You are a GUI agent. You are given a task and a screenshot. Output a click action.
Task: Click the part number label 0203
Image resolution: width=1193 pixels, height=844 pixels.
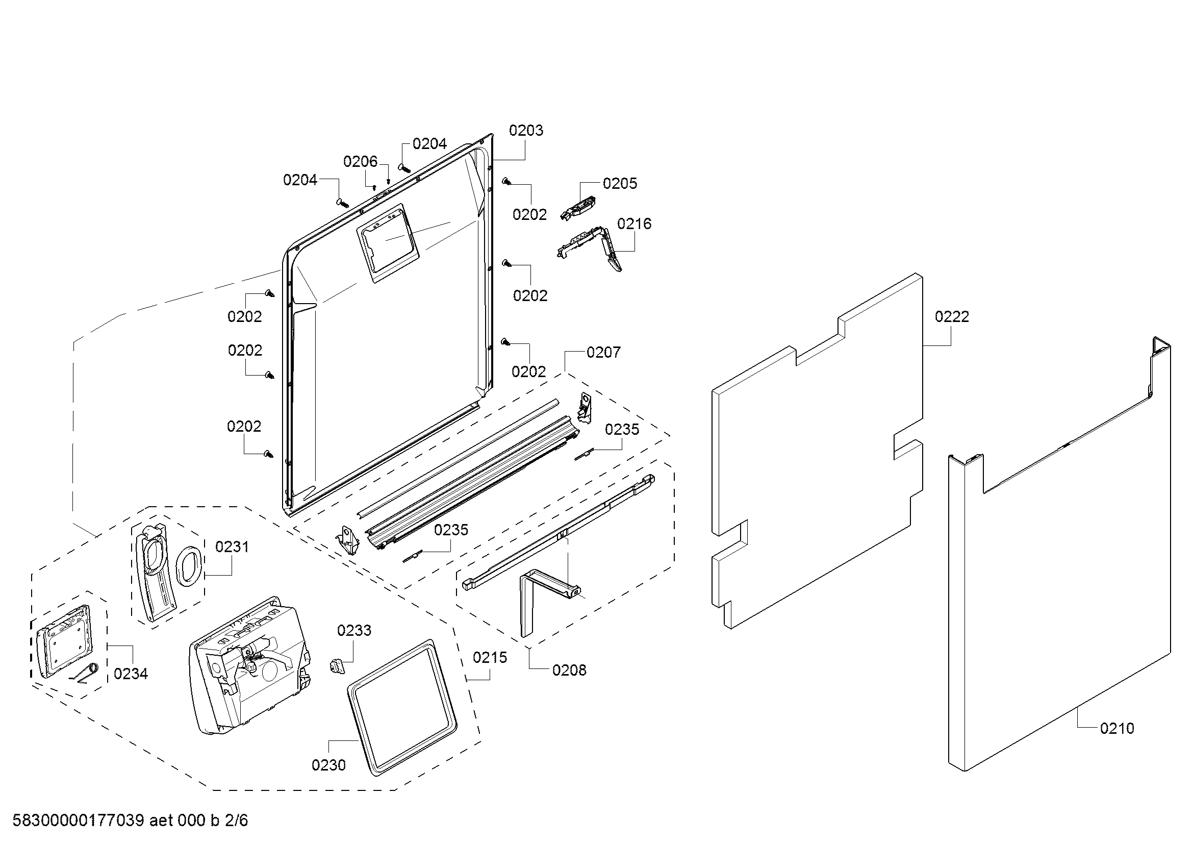526,131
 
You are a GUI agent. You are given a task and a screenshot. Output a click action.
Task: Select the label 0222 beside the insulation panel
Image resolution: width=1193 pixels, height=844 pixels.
951,316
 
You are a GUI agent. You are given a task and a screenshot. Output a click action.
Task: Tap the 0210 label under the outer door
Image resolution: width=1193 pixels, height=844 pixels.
1116,728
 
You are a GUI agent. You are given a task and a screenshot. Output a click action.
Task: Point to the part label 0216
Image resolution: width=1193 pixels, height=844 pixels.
634,224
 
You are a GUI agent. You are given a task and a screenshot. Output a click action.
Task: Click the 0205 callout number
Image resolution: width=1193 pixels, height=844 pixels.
619,184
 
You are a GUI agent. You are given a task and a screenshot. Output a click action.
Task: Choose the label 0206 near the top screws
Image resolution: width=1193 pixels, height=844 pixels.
360,162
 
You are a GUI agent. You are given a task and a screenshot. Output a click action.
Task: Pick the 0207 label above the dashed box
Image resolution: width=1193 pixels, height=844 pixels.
603,353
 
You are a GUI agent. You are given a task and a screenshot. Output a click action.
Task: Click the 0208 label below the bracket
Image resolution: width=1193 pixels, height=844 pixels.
569,671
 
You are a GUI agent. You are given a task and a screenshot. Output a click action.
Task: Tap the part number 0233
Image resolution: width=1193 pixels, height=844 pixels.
354,630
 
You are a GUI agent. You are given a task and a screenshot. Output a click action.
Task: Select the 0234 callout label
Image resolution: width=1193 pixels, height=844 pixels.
131,674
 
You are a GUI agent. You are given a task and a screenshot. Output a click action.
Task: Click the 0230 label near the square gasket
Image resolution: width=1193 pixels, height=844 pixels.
328,765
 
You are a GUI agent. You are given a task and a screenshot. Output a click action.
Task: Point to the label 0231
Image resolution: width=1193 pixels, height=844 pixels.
232,547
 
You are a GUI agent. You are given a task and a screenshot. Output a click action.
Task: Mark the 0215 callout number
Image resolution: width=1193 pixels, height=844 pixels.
490,657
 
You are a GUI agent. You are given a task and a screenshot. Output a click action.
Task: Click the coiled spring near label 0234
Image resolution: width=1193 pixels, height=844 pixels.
90,673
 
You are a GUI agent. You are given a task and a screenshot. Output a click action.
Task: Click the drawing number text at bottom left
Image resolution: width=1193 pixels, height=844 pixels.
130,820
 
